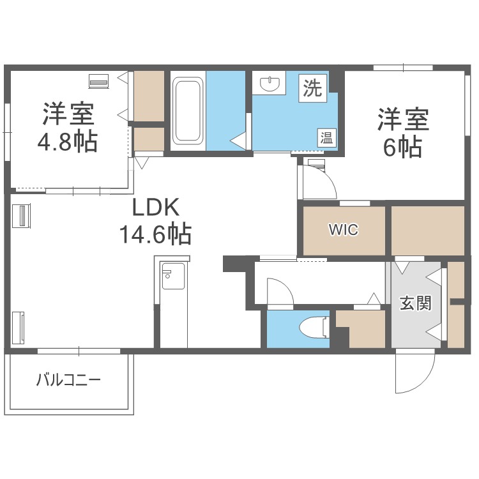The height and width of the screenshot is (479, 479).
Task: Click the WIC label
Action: tap(344, 229)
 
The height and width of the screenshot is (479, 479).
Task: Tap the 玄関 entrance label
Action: tap(415, 303)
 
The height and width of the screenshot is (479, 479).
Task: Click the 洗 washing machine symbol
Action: tap(313, 88)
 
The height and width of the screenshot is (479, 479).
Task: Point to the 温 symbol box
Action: tap(326, 137)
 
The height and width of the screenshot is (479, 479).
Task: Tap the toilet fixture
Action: tap(313, 326)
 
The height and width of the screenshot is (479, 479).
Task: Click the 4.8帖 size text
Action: tap(68, 141)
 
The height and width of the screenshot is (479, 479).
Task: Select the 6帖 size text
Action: tap(402, 147)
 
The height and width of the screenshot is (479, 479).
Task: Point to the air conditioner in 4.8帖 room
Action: tap(99, 81)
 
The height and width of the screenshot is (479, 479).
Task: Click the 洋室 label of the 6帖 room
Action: tap(403, 119)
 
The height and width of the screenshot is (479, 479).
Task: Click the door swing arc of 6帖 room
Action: tap(319, 182)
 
